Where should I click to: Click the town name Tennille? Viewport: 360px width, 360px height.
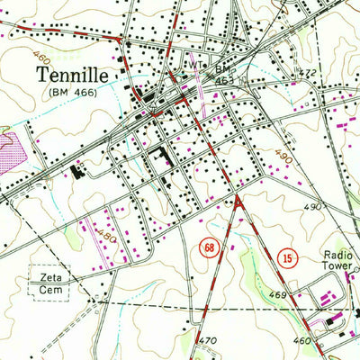[76, 76]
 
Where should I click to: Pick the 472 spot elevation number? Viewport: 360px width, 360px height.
[309, 73]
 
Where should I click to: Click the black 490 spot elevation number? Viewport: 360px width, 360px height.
[312, 206]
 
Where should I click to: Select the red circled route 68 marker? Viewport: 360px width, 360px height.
[209, 247]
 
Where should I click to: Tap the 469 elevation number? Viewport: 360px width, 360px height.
[277, 295]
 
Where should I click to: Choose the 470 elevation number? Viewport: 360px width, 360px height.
[209, 340]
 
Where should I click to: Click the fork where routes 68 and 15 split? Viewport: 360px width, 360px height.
[239, 199]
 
